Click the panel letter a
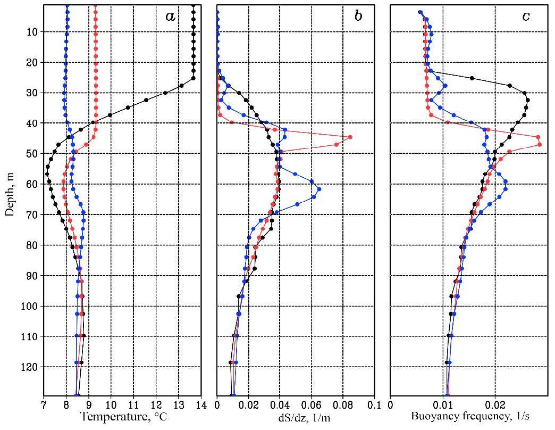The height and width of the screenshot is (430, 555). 170,16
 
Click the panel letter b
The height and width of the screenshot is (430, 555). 358,16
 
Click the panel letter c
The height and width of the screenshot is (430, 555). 526,16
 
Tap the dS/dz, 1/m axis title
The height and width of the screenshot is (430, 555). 304,418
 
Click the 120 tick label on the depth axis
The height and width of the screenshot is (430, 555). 31,367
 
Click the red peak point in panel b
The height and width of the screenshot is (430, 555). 350,137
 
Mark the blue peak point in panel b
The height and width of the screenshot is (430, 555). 318,189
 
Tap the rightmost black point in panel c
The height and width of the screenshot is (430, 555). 527,100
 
